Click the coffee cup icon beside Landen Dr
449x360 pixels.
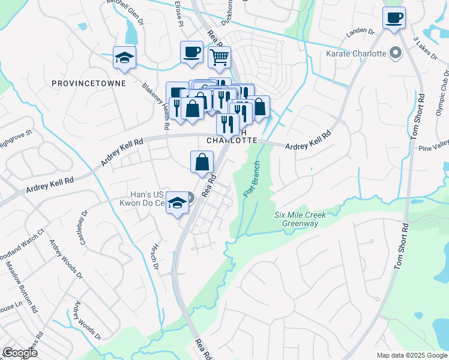point(394,17)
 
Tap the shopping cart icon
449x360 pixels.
point(219,57)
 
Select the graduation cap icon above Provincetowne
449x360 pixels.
point(124,57)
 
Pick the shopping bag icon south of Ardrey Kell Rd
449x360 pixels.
point(202,161)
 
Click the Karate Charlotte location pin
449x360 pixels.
point(395,54)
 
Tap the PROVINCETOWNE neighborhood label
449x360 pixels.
point(89,83)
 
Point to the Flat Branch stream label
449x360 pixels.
point(252,179)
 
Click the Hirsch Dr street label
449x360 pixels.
point(154,256)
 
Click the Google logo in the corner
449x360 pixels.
point(20,353)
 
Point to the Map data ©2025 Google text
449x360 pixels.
point(412,355)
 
